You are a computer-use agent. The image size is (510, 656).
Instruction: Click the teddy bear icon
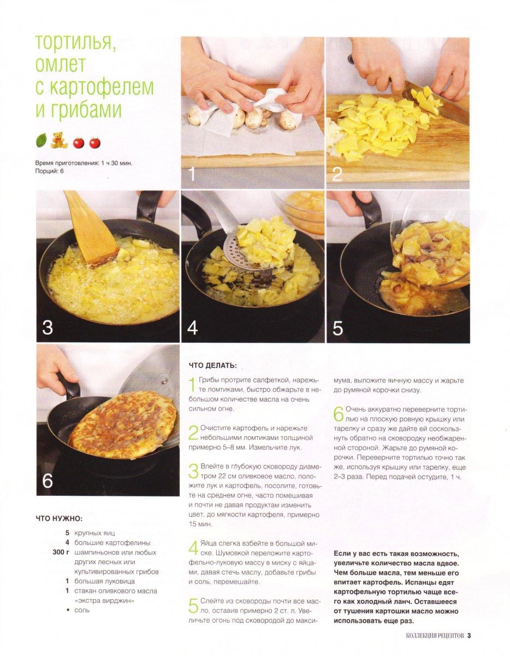click(x=59, y=140)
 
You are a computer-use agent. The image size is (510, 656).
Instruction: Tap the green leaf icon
click(x=41, y=140)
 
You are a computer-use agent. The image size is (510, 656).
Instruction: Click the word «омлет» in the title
click(x=61, y=64)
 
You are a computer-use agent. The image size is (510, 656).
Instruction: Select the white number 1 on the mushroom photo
click(x=192, y=174)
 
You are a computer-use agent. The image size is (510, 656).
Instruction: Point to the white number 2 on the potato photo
click(x=337, y=174)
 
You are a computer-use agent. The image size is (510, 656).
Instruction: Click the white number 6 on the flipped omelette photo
click(x=48, y=481)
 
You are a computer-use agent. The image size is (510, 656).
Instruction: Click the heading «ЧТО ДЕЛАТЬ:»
click(x=213, y=366)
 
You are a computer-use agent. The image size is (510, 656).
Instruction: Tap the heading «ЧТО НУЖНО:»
click(x=59, y=518)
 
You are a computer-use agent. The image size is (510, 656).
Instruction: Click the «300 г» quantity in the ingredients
click(x=61, y=552)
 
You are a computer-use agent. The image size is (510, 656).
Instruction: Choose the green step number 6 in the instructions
click(x=339, y=414)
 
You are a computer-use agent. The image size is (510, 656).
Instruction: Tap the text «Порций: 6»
click(x=50, y=171)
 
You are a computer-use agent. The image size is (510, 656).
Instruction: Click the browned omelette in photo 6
click(x=122, y=424)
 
